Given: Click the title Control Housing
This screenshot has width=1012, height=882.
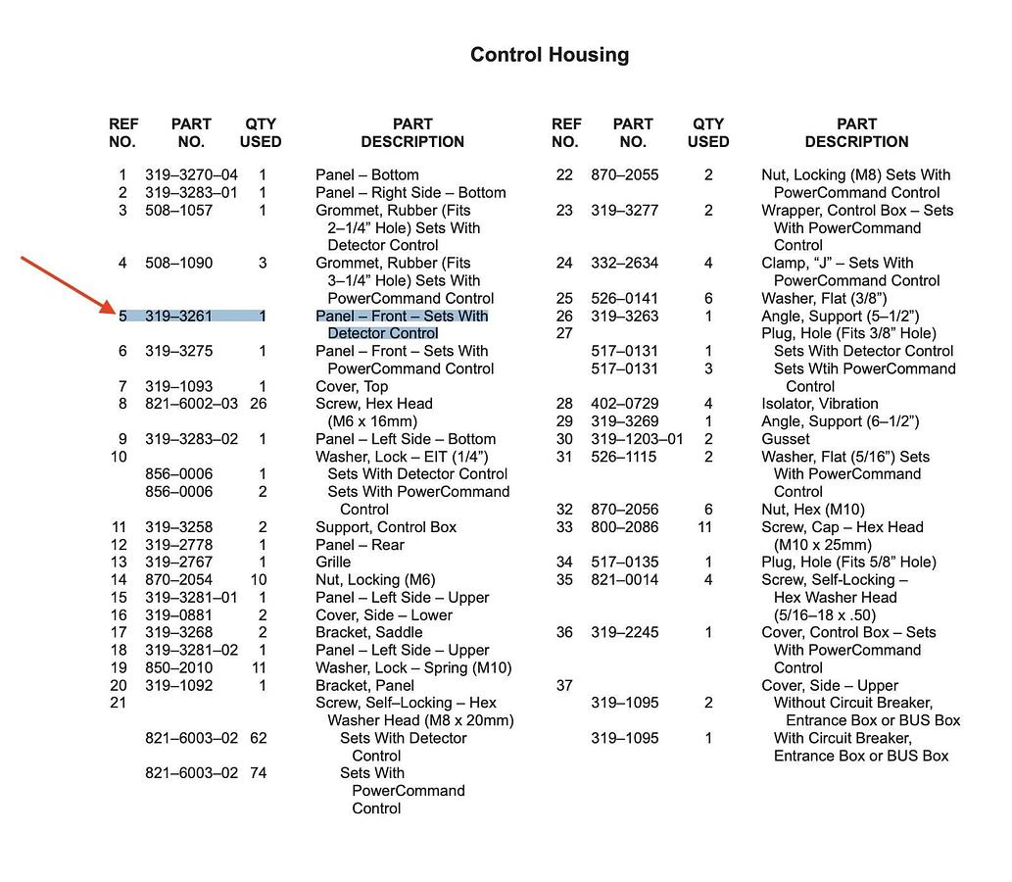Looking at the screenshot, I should click(x=550, y=55).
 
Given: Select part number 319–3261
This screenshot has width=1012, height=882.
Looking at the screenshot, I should click(x=178, y=317).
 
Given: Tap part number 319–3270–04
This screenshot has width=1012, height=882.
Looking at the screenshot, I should click(x=191, y=175).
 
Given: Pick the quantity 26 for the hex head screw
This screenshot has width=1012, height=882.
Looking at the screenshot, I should click(x=259, y=404).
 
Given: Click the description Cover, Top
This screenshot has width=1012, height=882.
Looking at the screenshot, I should click(x=352, y=386).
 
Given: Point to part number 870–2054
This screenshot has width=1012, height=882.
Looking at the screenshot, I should click(x=178, y=580).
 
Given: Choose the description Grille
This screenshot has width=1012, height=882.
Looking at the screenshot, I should click(x=333, y=563).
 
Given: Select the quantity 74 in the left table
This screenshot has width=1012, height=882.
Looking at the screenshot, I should click(x=259, y=773).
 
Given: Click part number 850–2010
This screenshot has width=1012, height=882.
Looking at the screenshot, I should click(x=178, y=668).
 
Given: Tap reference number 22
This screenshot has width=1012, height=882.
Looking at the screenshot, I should click(x=564, y=175).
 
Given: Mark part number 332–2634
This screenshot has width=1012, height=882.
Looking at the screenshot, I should click(x=624, y=264).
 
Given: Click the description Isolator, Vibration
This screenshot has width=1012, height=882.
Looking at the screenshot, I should click(x=819, y=404).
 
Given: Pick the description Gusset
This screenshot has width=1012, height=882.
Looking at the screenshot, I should click(x=786, y=439).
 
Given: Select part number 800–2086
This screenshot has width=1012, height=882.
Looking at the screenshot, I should click(x=624, y=527).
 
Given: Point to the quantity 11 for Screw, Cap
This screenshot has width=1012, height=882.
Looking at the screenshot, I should click(x=704, y=527).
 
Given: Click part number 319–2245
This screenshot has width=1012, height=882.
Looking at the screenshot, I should click(x=624, y=633).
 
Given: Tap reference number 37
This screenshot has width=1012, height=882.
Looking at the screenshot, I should click(x=564, y=686).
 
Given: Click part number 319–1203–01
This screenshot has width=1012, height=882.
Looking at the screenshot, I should click(x=637, y=439).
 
